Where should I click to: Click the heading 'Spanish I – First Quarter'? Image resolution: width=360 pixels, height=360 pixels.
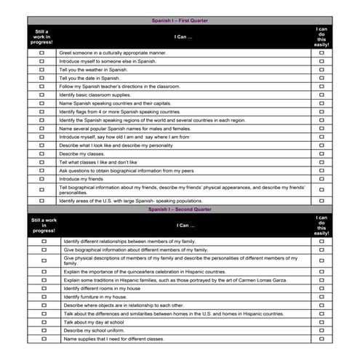tap(179, 21)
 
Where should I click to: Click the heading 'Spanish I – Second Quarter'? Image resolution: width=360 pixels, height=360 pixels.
tap(179, 209)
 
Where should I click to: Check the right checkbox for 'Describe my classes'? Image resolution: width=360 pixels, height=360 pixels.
tap(321, 153)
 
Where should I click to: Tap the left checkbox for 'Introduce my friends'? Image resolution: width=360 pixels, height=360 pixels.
tap(41, 178)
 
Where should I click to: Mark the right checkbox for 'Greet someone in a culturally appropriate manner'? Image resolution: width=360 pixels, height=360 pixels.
tap(321, 53)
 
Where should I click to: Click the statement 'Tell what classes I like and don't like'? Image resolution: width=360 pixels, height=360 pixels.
tap(98, 162)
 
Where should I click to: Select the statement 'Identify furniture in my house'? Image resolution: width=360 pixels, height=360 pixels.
tap(95, 297)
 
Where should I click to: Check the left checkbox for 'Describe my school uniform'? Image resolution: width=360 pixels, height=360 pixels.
tap(43, 330)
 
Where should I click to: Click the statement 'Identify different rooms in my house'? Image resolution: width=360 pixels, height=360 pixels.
tap(102, 288)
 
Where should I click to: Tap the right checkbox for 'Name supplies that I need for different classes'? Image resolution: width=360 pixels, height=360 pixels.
tap(321, 339)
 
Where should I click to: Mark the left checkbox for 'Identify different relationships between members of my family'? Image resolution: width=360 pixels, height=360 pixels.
tap(43, 241)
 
